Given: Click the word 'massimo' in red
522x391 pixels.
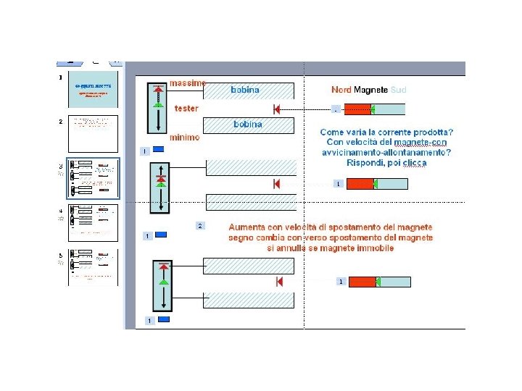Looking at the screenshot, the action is click(x=188, y=83).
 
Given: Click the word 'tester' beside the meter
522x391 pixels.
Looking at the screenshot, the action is click(x=186, y=109).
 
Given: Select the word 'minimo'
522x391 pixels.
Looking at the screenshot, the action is click(x=184, y=138).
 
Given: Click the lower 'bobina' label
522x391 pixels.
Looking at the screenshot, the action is click(x=248, y=125).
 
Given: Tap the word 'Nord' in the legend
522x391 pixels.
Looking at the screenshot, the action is click(x=341, y=90).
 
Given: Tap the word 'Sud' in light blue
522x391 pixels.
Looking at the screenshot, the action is click(x=398, y=90).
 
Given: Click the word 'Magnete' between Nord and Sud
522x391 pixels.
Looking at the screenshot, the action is click(x=370, y=90).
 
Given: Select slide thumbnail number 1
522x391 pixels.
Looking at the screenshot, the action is click(x=93, y=90).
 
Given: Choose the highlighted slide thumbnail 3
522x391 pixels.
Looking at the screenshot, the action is click(x=93, y=178).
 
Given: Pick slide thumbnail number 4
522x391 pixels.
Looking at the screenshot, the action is click(x=93, y=224).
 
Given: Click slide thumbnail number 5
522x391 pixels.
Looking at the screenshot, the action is click(x=93, y=267).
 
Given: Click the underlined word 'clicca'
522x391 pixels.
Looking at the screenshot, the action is click(x=412, y=163).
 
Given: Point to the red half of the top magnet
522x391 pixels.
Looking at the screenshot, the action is click(x=357, y=109).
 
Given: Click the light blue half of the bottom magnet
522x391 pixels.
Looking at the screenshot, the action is click(x=390, y=282).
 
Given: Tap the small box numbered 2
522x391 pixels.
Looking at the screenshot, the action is click(x=201, y=226).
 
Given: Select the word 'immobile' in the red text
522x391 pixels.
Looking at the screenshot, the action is click(x=376, y=248).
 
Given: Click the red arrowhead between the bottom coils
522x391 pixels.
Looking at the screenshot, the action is click(x=280, y=282).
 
